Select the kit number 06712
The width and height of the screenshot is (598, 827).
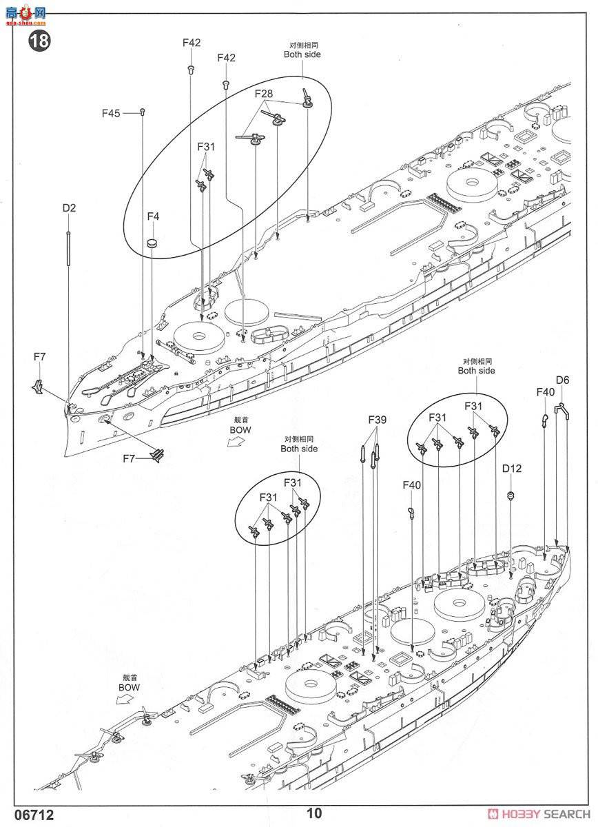click(28, 814)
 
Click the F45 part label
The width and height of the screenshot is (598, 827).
click(111, 113)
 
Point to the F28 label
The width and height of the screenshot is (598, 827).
click(264, 93)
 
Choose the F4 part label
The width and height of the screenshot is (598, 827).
click(153, 216)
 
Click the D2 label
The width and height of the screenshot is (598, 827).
click(69, 207)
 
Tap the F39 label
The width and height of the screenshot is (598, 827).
click(377, 419)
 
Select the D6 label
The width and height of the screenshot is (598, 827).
click(562, 380)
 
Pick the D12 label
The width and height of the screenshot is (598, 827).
click(511, 469)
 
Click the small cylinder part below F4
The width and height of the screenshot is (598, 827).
click(153, 242)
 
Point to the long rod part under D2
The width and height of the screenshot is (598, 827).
click(69, 248)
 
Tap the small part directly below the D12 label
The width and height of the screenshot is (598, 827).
click(511, 495)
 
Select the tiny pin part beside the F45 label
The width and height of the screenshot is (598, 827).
click(142, 111)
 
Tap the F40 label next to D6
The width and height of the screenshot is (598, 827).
click(545, 392)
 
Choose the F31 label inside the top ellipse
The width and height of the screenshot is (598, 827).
click(206, 147)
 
